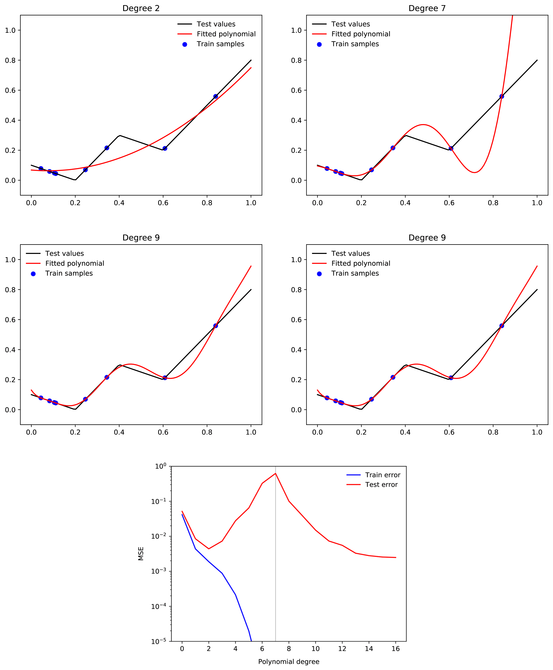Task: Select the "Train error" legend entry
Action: pyautogui.click(x=382, y=475)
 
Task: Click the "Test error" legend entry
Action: pyautogui.click(x=381, y=485)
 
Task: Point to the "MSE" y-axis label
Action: pyautogui.click(x=141, y=554)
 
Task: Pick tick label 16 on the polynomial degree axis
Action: pyautogui.click(x=396, y=649)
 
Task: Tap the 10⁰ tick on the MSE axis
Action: pyautogui.click(x=161, y=466)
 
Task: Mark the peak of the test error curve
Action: pyautogui.click(x=276, y=473)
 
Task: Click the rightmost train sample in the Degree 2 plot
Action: pyautogui.click(x=216, y=96)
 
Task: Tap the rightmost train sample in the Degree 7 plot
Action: pyautogui.click(x=502, y=96)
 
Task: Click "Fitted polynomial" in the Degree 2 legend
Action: pyautogui.click(x=226, y=34)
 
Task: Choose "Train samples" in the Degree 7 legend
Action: pyautogui.click(x=355, y=44)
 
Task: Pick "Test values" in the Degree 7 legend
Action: pyautogui.click(x=350, y=24)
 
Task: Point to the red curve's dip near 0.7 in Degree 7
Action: pyautogui.click(x=475, y=173)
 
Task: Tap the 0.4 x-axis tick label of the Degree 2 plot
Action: pyautogui.click(x=119, y=203)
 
